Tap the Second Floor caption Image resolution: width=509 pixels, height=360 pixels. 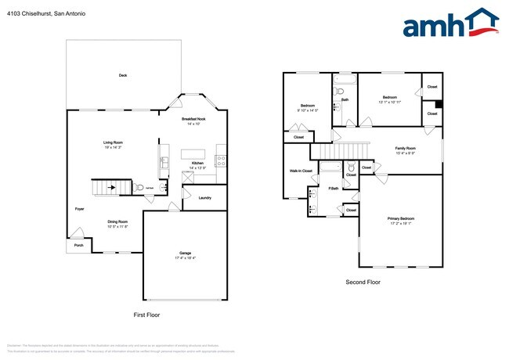pos(363,282)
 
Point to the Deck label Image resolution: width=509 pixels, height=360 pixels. pos(123,75)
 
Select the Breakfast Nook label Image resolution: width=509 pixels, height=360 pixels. pos(192,118)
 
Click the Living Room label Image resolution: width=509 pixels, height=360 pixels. pos(113,142)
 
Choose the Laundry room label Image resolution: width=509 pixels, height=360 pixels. pos(204,198)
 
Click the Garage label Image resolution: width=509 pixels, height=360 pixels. pos(186,253)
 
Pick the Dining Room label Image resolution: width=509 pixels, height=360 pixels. pos(117,221)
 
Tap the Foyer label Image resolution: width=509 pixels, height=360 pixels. pos(79,209)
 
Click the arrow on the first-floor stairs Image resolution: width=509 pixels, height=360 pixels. pos(110,188)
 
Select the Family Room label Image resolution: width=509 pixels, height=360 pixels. pos(405,148)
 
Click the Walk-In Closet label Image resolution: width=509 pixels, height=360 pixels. pos(301,171)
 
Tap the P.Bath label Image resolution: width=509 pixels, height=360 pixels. pos(334,189)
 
